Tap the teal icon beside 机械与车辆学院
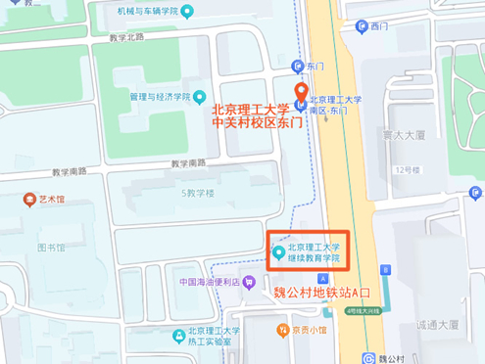click(x=187, y=12)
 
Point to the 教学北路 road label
click(x=127, y=37)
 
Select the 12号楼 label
click(x=406, y=169)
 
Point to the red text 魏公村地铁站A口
click(x=323, y=292)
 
